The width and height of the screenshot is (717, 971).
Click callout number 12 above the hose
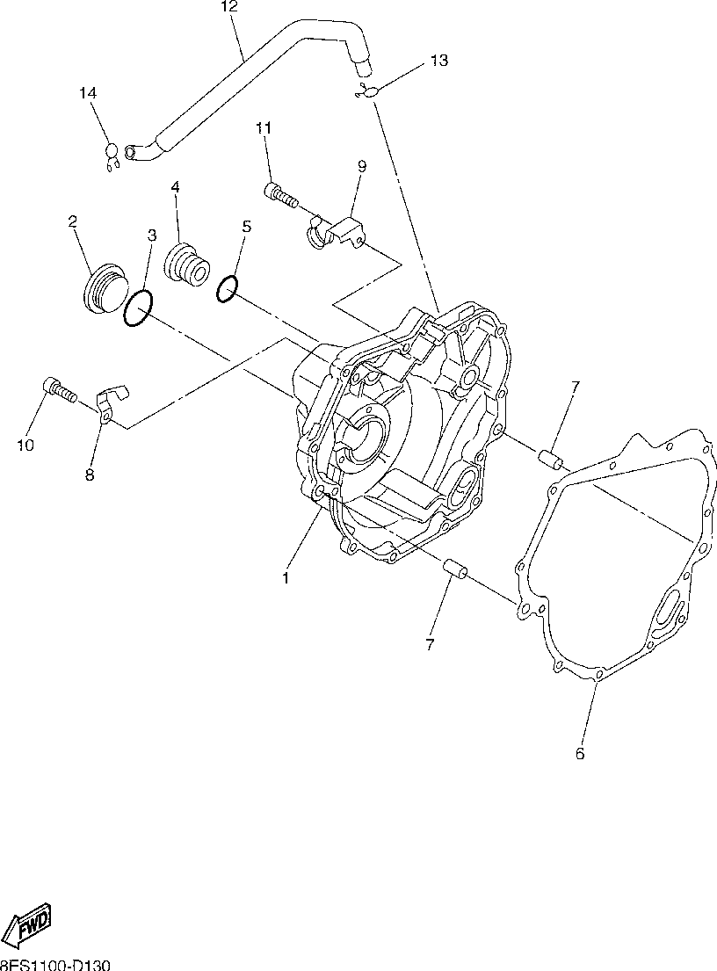click(228, 8)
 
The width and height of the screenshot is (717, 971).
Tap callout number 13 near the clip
click(438, 61)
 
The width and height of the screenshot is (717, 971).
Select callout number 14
click(88, 93)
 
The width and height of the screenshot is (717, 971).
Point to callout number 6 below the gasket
click(580, 753)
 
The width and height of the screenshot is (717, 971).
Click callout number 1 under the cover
click(285, 578)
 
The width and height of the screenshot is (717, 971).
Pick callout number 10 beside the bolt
click(25, 446)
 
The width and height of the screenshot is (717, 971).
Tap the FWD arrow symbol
click(29, 924)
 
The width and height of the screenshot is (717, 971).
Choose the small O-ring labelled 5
click(227, 287)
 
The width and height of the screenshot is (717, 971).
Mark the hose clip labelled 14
click(111, 156)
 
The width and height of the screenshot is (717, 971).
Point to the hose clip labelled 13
click(367, 92)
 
